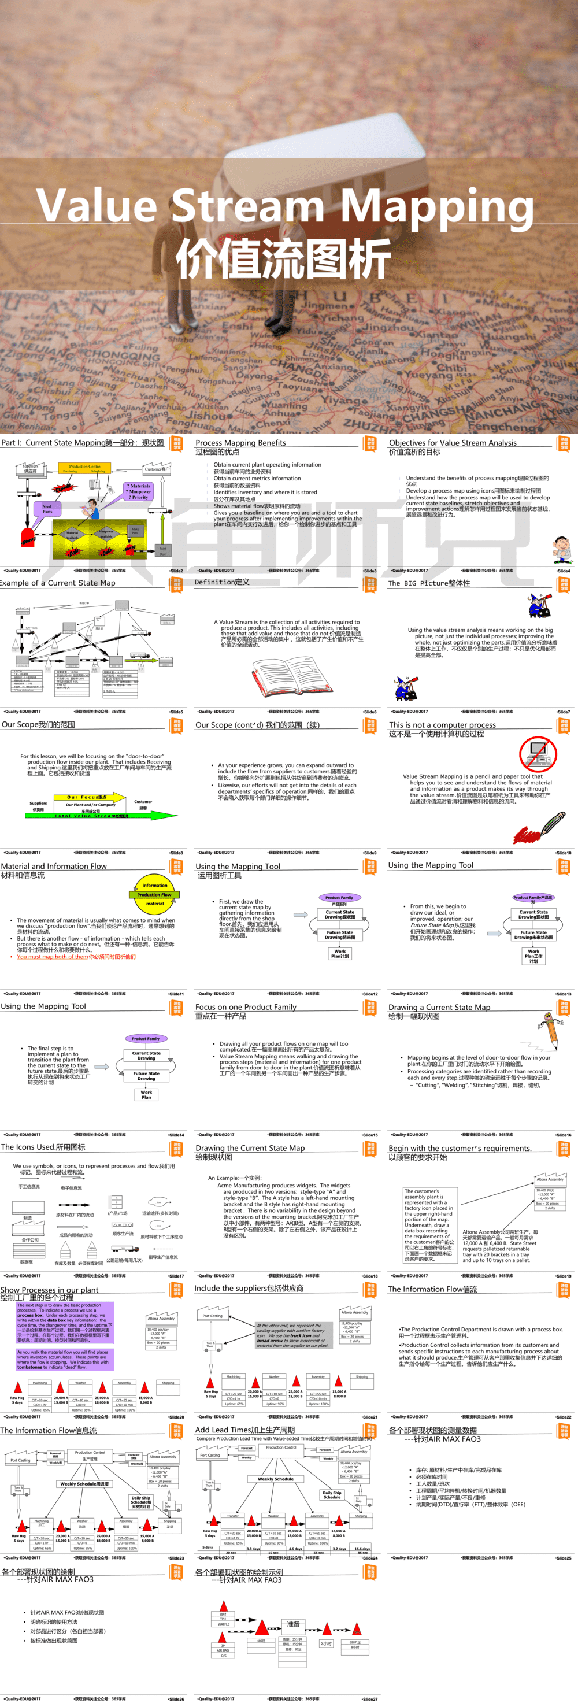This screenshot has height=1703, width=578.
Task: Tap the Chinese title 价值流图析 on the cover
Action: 284,258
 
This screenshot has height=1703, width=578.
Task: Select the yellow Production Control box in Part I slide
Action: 86,468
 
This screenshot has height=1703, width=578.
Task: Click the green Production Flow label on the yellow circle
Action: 155,894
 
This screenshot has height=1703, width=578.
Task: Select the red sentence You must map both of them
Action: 76,957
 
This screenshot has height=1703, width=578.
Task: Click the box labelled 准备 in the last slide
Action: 293,1624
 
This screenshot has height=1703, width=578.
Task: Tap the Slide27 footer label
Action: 370,1698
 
